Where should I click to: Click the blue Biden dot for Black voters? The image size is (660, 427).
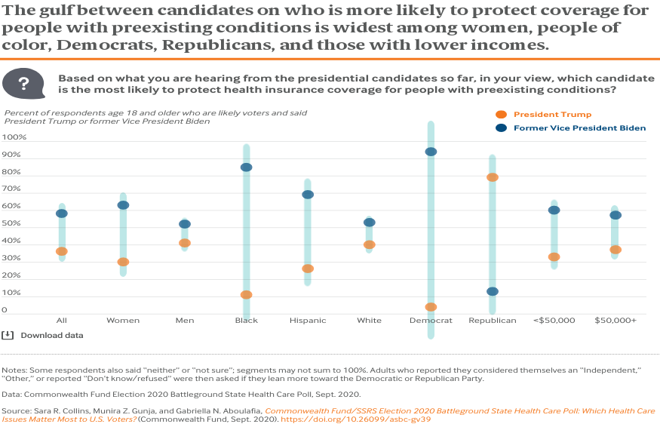[246, 167]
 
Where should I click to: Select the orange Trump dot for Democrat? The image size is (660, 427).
[431, 307]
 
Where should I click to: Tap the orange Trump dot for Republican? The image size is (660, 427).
[493, 177]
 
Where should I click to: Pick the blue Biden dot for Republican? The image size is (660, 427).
[493, 292]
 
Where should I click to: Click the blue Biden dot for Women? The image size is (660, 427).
[123, 205]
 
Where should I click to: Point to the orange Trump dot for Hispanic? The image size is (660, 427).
[308, 269]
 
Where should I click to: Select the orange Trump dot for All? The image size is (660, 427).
[62, 251]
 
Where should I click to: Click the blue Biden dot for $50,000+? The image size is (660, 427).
[615, 215]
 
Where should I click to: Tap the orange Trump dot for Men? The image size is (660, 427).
[185, 243]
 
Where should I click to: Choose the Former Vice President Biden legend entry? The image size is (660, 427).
[579, 128]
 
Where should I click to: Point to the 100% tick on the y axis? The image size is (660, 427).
[15, 138]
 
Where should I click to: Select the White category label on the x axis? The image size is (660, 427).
[369, 321]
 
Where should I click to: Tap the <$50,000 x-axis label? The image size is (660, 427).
[554, 321]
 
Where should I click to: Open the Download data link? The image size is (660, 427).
[51, 335]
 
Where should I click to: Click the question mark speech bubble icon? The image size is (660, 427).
[23, 84]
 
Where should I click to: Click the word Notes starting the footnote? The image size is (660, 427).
[14, 370]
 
